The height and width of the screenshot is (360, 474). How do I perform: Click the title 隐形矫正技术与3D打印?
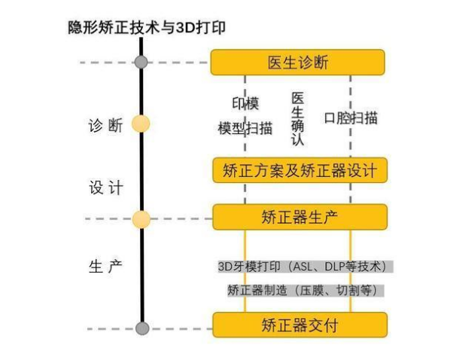coord(147,28)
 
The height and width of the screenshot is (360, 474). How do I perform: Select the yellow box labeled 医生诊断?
coord(297,63)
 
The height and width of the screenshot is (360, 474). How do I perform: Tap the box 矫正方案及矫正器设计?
coord(299,170)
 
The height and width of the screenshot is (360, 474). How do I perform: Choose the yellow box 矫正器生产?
coord(299,218)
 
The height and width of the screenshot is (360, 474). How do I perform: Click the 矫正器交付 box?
coord(299,325)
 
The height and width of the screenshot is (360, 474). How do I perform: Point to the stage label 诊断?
coord(105,126)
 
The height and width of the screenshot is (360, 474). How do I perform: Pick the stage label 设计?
coord(105,188)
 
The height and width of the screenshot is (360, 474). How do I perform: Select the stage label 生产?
coord(105,267)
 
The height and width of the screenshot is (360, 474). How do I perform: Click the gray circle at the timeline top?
coord(141,62)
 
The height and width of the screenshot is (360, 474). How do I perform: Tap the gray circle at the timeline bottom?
coord(141,328)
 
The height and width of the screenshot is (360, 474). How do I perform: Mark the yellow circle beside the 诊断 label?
coord(141,124)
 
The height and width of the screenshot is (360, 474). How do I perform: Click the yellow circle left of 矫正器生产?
coord(141,219)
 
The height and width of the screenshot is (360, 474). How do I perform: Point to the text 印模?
coord(245,103)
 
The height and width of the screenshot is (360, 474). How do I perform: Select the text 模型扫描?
coord(245,128)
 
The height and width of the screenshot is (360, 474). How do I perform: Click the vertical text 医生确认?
coord(297,119)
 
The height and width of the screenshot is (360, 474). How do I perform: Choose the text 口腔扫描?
coord(351,118)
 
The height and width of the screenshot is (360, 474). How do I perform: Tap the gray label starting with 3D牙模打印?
coord(305,267)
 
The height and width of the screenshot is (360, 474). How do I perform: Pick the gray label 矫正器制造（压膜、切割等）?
coord(305,290)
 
